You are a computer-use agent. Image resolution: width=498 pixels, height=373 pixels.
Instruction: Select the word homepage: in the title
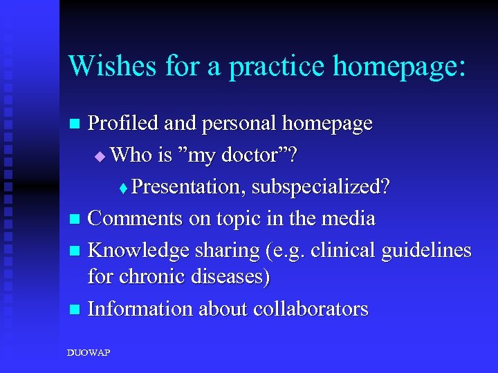pos(399,66)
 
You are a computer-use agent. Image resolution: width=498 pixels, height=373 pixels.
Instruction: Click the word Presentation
pos(189,186)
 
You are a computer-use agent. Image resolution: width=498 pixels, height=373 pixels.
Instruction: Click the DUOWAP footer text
pos(88,353)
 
